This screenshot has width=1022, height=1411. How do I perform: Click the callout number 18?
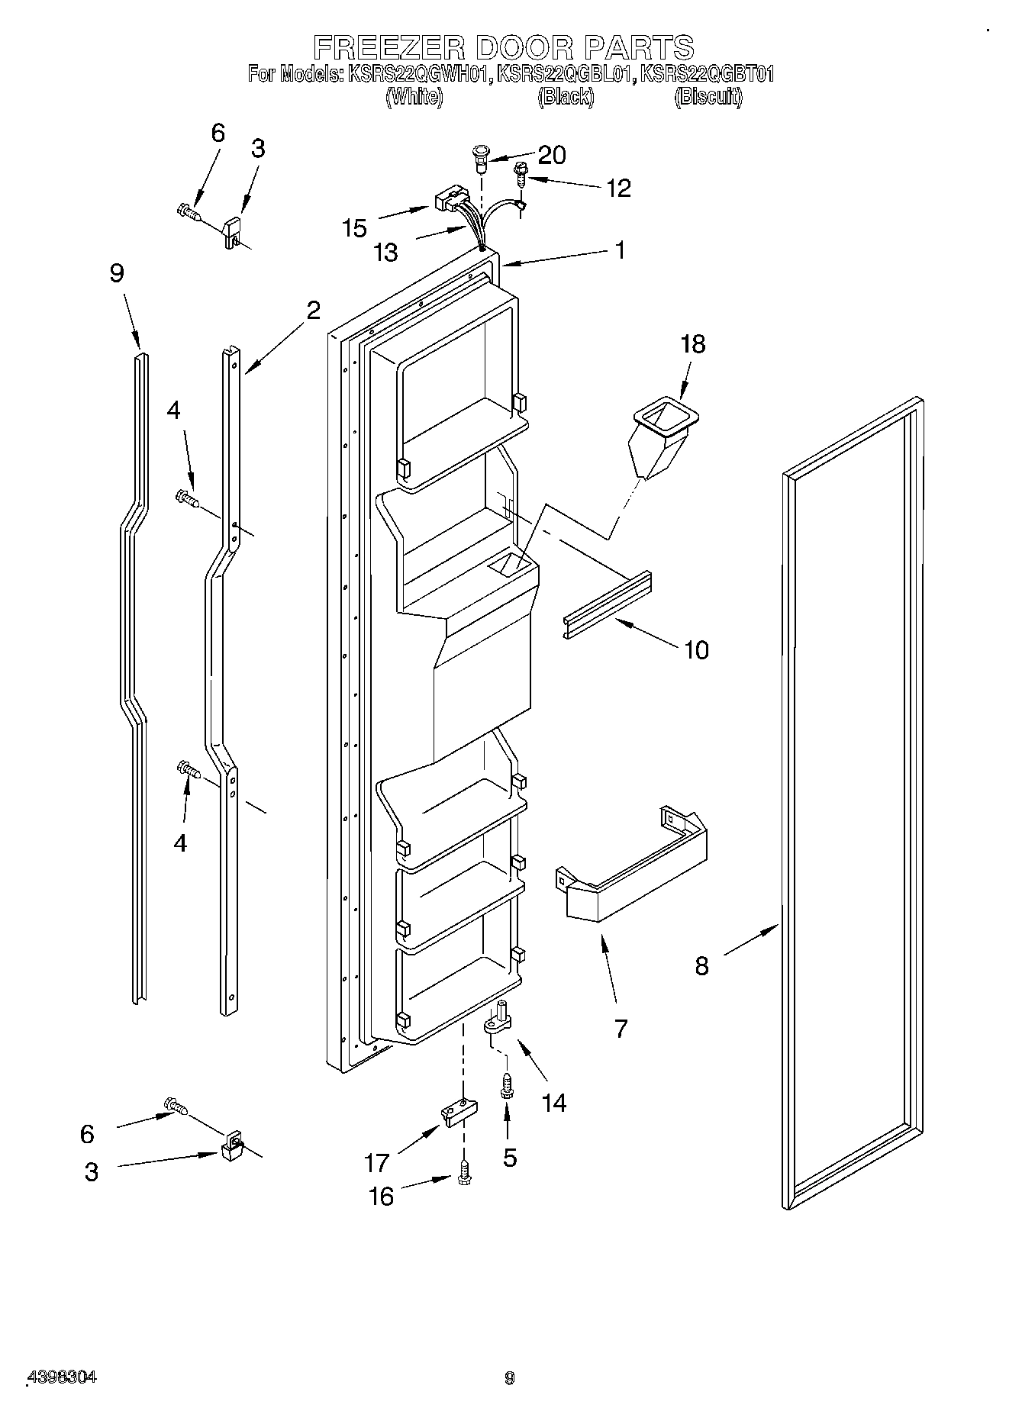(693, 344)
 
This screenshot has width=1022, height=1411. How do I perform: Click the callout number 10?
(696, 650)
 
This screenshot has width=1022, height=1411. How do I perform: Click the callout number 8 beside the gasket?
(701, 966)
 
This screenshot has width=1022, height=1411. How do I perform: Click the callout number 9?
(117, 273)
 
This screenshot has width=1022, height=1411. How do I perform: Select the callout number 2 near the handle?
(313, 310)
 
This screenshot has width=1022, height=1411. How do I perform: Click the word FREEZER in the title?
(389, 47)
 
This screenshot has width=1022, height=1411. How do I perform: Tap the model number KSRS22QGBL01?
(566, 75)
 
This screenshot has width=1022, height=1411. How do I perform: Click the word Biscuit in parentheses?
(708, 98)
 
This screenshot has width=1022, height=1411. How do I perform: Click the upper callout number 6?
(218, 134)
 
